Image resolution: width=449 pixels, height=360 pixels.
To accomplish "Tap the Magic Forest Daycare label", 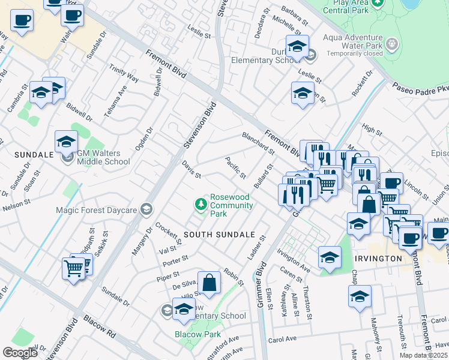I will point(96,210).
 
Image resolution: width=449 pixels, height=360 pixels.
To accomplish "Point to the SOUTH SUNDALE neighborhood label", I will point(219,234).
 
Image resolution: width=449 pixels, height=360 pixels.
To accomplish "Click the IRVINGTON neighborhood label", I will point(378,258).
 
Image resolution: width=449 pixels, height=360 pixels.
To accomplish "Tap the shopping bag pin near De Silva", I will point(209,283).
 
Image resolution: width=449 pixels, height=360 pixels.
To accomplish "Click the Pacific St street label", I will point(236,167).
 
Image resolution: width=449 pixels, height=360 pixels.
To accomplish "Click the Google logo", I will point(20,353).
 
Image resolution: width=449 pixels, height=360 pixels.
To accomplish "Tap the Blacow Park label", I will point(194,334).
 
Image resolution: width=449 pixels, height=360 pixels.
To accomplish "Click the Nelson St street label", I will point(16,205).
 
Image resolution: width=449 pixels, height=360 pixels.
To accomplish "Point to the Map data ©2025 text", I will point(423,355).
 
